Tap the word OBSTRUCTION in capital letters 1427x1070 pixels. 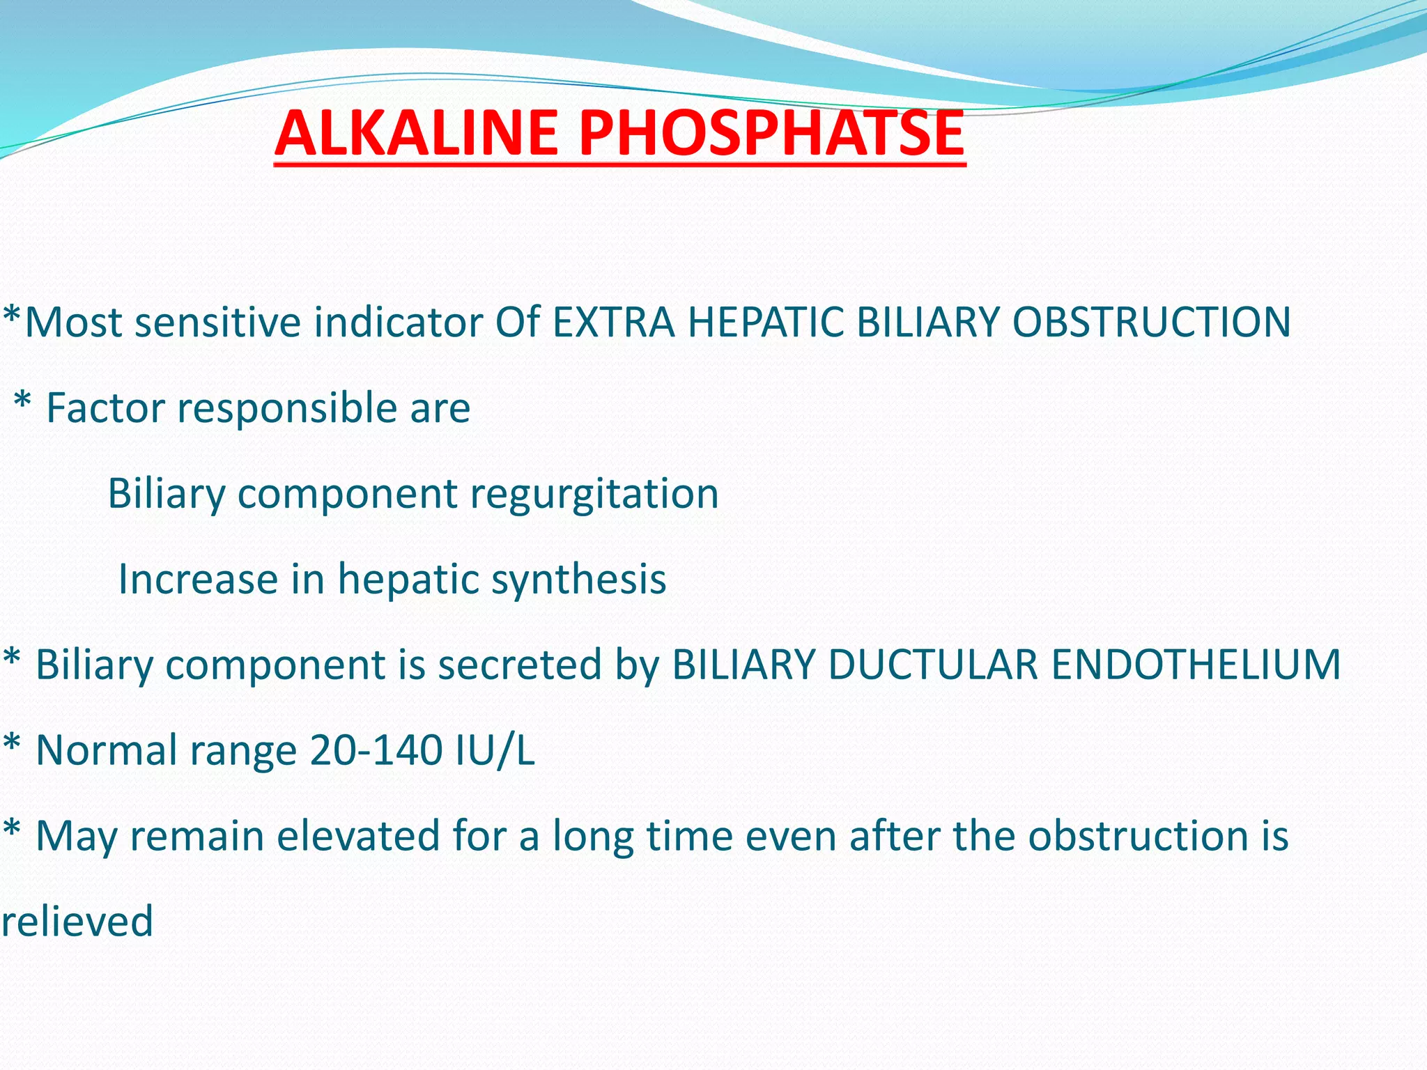pos(1151,323)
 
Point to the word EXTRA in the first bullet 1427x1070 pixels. pos(614,323)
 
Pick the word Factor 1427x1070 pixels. pos(105,408)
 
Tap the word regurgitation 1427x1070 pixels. pos(594,493)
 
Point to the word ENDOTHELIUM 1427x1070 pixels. pos(1196,664)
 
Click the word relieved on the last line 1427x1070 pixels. pos(77,921)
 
